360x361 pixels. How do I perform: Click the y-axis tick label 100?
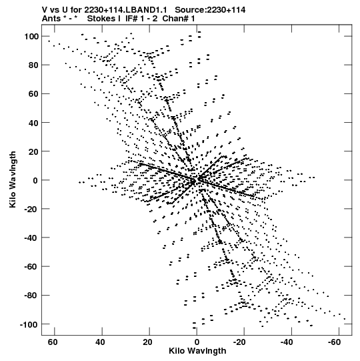point(31,37)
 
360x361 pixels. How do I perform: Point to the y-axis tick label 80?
point(33,65)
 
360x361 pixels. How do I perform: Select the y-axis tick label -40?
point(31,238)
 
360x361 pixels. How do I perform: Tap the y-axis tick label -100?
point(29,325)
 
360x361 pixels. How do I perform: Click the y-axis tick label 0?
point(35,180)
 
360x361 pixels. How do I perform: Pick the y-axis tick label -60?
point(31,267)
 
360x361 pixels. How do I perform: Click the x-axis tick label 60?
point(53,342)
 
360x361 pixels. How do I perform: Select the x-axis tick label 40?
point(100,342)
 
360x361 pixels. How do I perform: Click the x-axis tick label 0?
point(197,342)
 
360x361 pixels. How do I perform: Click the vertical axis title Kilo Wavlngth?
point(13,179)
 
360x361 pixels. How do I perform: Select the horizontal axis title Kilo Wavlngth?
point(197,351)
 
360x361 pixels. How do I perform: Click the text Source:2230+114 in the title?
point(210,10)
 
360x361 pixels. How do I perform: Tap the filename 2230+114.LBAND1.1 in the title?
point(125,10)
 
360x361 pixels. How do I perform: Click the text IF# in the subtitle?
point(131,19)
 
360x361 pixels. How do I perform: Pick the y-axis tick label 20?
point(33,151)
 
